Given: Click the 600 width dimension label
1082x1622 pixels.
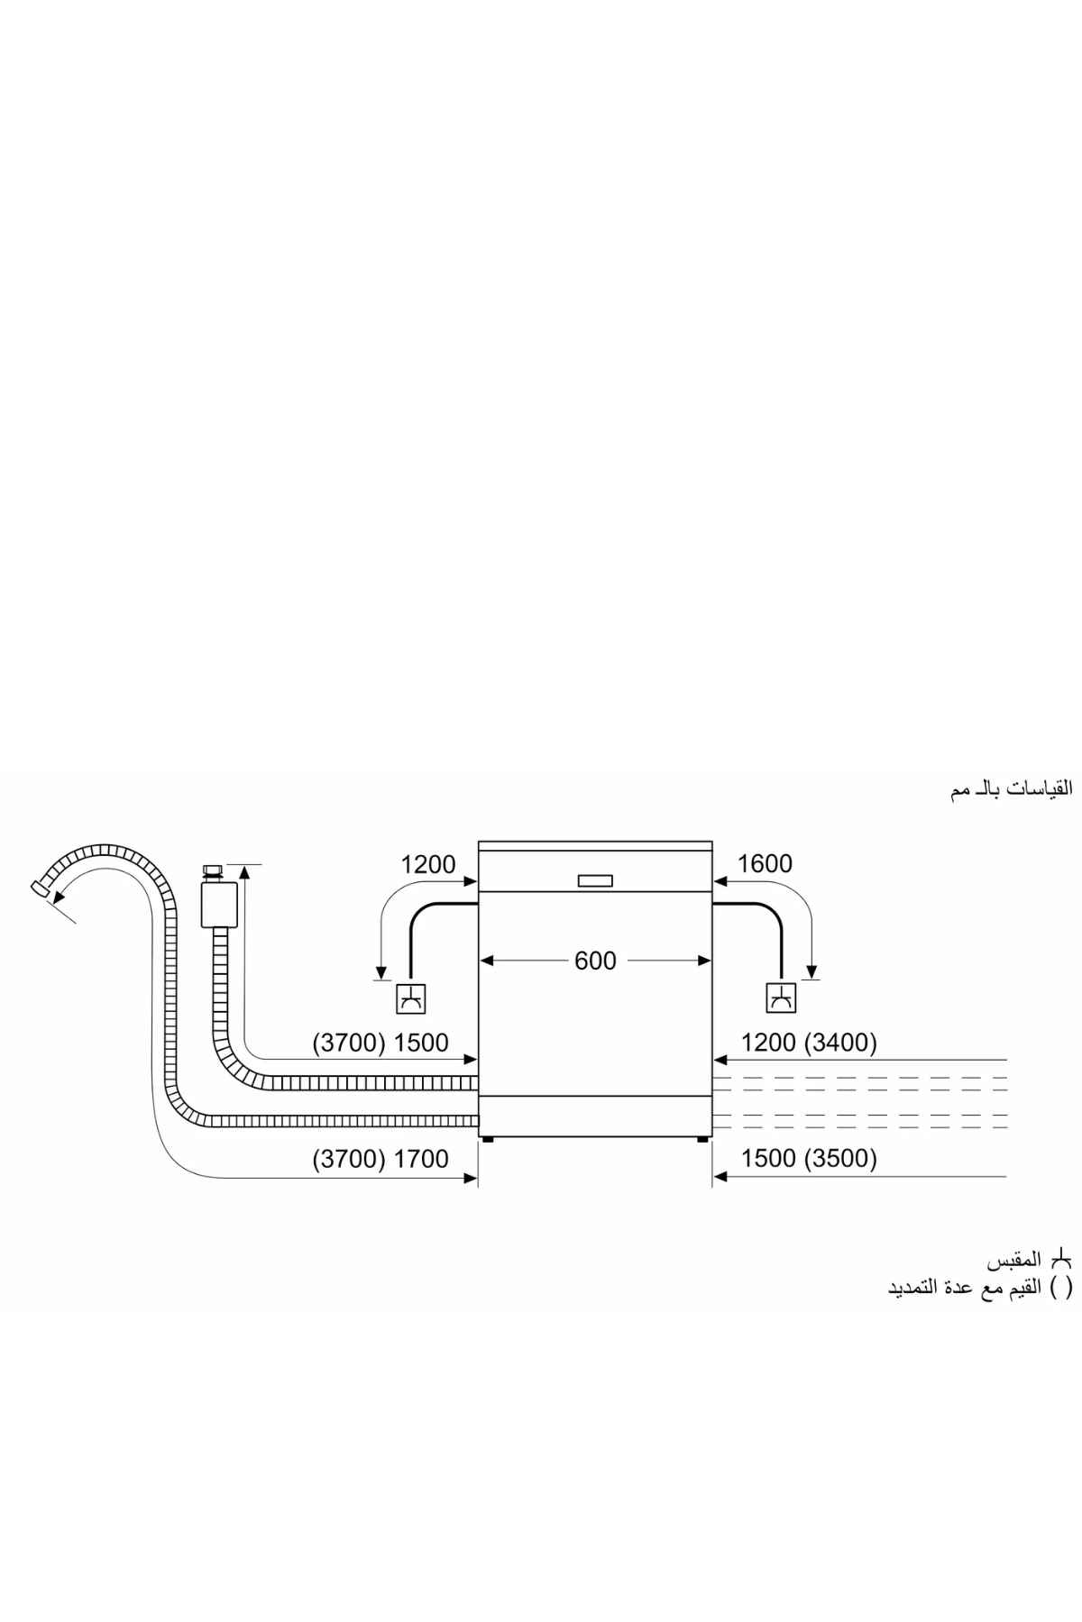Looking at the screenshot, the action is click(x=595, y=961).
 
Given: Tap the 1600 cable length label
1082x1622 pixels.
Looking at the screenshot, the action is click(x=765, y=863).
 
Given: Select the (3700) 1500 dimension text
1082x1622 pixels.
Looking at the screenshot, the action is click(x=381, y=1043).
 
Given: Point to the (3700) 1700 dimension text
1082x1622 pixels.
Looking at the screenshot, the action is click(x=381, y=1159).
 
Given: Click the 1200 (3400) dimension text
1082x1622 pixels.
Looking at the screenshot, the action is click(x=809, y=1043).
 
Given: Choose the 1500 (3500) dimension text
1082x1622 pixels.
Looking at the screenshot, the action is click(x=809, y=1159).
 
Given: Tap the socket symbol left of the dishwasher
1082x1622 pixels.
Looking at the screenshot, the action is click(x=410, y=998).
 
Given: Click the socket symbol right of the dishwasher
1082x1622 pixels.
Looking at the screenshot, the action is click(x=781, y=998).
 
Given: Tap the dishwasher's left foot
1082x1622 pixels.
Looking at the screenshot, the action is click(x=488, y=1140).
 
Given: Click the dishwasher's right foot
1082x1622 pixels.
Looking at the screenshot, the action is click(x=702, y=1140).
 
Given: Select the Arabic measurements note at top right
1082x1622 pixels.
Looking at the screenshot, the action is click(x=1011, y=788).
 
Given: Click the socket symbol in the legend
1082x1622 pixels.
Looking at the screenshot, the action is click(x=1063, y=1259).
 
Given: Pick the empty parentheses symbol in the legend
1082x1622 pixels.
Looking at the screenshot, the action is click(x=1063, y=1287).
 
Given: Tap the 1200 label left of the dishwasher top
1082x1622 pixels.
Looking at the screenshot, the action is click(x=428, y=864).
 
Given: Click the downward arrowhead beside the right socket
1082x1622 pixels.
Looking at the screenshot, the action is click(x=812, y=971).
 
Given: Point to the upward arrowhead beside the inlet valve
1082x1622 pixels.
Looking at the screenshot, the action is click(x=244, y=870).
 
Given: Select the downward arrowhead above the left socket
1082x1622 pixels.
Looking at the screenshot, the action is click(x=381, y=971).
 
